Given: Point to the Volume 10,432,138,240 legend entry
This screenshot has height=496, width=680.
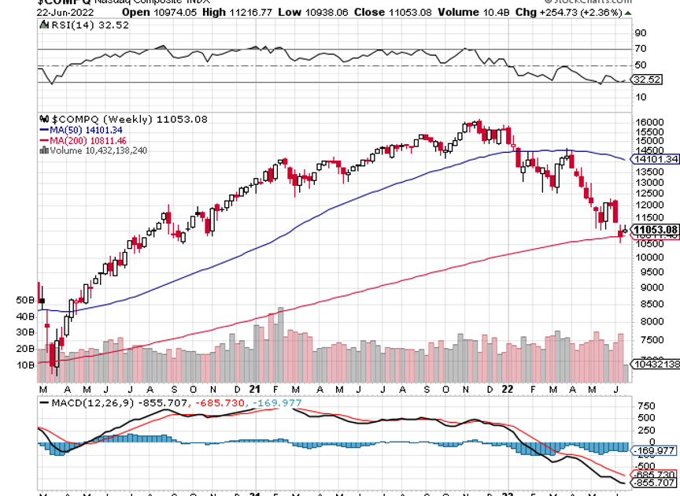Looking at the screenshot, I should (x=98, y=150).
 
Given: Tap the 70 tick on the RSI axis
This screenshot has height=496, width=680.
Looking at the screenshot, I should (x=640, y=49).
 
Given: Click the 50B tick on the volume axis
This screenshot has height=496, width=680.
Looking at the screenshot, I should (x=25, y=300).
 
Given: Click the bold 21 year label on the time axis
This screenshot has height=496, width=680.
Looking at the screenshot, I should (x=254, y=389).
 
